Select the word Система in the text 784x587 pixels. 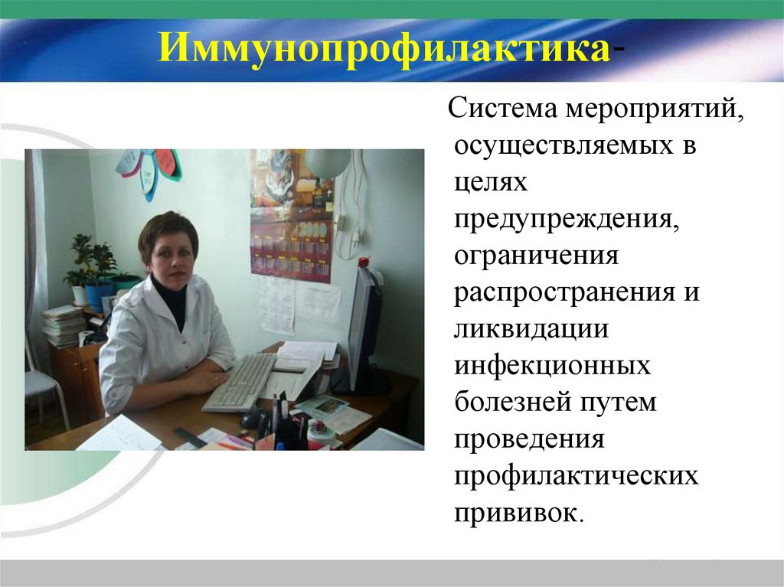[500, 109]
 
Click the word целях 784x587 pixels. [490, 184]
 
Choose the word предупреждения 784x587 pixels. [567, 220]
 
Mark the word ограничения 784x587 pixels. [536, 256]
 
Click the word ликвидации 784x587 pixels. [531, 329]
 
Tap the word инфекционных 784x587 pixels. [552, 366]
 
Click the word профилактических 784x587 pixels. [576, 475]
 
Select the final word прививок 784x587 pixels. [518, 511]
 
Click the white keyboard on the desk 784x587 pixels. [240, 380]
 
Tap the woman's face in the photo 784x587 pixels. [170, 256]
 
